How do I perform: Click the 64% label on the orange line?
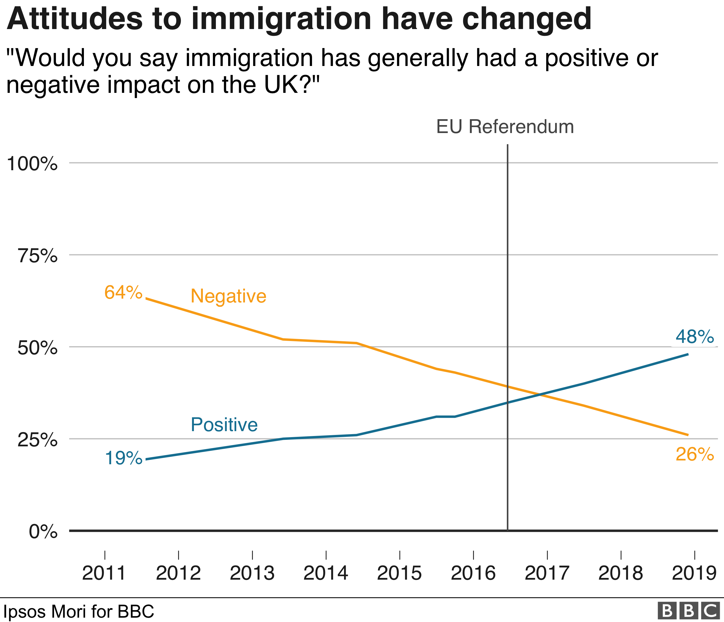123,292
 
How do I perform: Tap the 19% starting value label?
123,458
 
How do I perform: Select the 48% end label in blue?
694,337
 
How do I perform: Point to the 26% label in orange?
694,454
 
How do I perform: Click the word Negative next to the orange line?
228,296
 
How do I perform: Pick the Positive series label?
224,425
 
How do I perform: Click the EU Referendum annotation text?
505,127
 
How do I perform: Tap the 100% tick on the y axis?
32,163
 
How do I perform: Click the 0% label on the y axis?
43,532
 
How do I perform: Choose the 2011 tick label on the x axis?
104,573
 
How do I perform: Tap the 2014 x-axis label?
326,573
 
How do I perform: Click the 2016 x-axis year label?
473,573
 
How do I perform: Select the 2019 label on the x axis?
694,573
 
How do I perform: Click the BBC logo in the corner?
688,611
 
